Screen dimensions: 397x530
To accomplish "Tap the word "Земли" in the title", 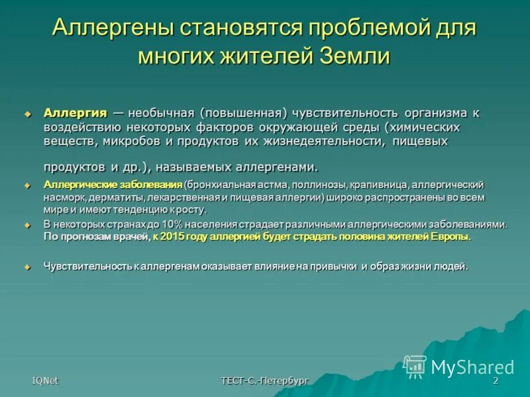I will (356, 56).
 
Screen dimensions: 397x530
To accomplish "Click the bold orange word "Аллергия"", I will (75, 113).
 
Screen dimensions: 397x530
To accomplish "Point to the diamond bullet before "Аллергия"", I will (28, 114).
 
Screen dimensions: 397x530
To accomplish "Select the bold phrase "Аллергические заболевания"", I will (112, 184).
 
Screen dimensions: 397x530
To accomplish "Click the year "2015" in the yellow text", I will (174, 237).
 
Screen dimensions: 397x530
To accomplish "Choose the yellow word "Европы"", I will (451, 237).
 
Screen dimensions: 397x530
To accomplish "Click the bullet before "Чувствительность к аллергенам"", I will (28, 267).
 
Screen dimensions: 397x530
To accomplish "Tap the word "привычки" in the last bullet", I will (336, 267).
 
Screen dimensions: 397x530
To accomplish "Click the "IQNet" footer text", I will (44, 380).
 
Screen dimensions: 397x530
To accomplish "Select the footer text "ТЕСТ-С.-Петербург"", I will (265, 380).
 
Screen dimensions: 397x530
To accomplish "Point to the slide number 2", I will (495, 380).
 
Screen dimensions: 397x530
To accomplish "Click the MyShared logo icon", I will (415, 366).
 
